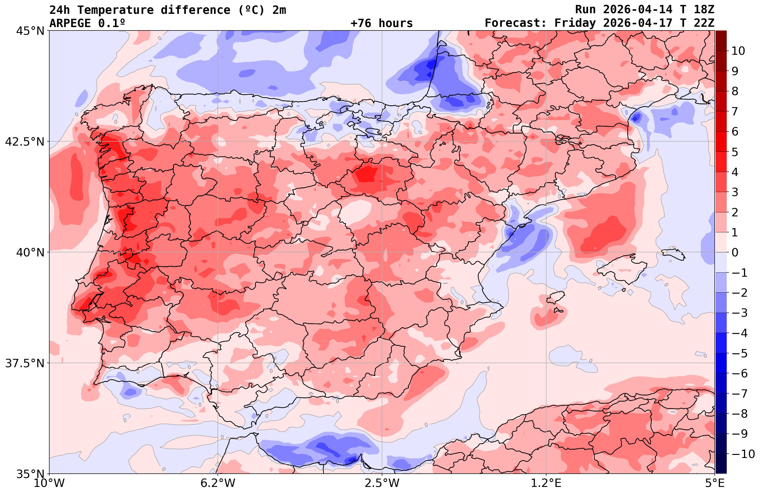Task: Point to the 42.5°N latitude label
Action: pos(25,141)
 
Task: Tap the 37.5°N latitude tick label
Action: pos(25,363)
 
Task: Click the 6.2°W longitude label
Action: pos(218,483)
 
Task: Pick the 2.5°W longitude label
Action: pos(382,483)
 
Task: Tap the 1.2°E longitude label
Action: pos(546,483)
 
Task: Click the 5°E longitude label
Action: pos(714,483)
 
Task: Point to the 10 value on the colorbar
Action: pos(738,51)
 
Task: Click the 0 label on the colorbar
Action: pos(735,252)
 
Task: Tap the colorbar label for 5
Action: pos(735,152)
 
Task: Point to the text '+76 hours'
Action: pos(382,23)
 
